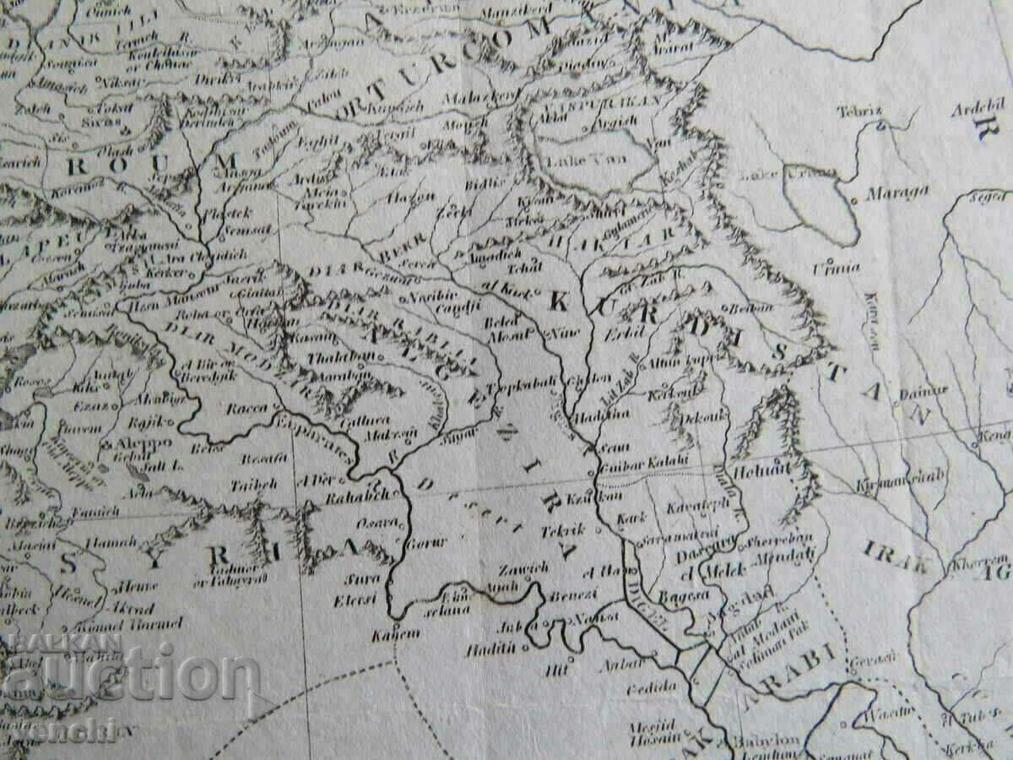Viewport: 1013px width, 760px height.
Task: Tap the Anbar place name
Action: coord(615,664)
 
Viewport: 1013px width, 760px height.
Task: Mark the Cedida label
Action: coord(650,687)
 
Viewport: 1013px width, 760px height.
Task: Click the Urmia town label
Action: coord(836,268)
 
